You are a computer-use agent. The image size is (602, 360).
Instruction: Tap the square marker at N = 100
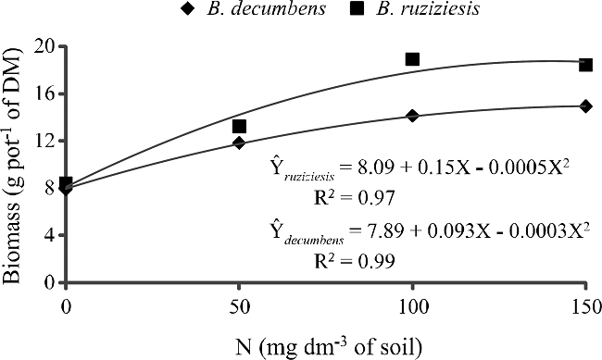(x=412, y=59)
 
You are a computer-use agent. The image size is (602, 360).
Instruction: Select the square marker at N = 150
(x=585, y=65)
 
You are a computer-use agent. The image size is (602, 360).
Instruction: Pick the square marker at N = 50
(x=239, y=126)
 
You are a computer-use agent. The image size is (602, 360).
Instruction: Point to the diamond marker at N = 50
(x=239, y=143)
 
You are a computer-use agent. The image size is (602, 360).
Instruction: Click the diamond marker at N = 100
(x=412, y=116)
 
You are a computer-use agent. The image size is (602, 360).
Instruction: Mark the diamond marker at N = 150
(x=585, y=106)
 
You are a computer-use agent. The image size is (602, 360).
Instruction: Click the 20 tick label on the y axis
(x=43, y=46)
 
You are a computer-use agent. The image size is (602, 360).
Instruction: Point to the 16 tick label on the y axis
(x=43, y=93)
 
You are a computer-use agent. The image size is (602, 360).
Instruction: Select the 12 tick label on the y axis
(x=43, y=141)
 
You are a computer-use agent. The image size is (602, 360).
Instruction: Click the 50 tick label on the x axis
(x=239, y=304)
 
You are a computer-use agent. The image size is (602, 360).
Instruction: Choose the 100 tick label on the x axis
(x=412, y=304)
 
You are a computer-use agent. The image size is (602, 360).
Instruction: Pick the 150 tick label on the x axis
(x=585, y=304)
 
